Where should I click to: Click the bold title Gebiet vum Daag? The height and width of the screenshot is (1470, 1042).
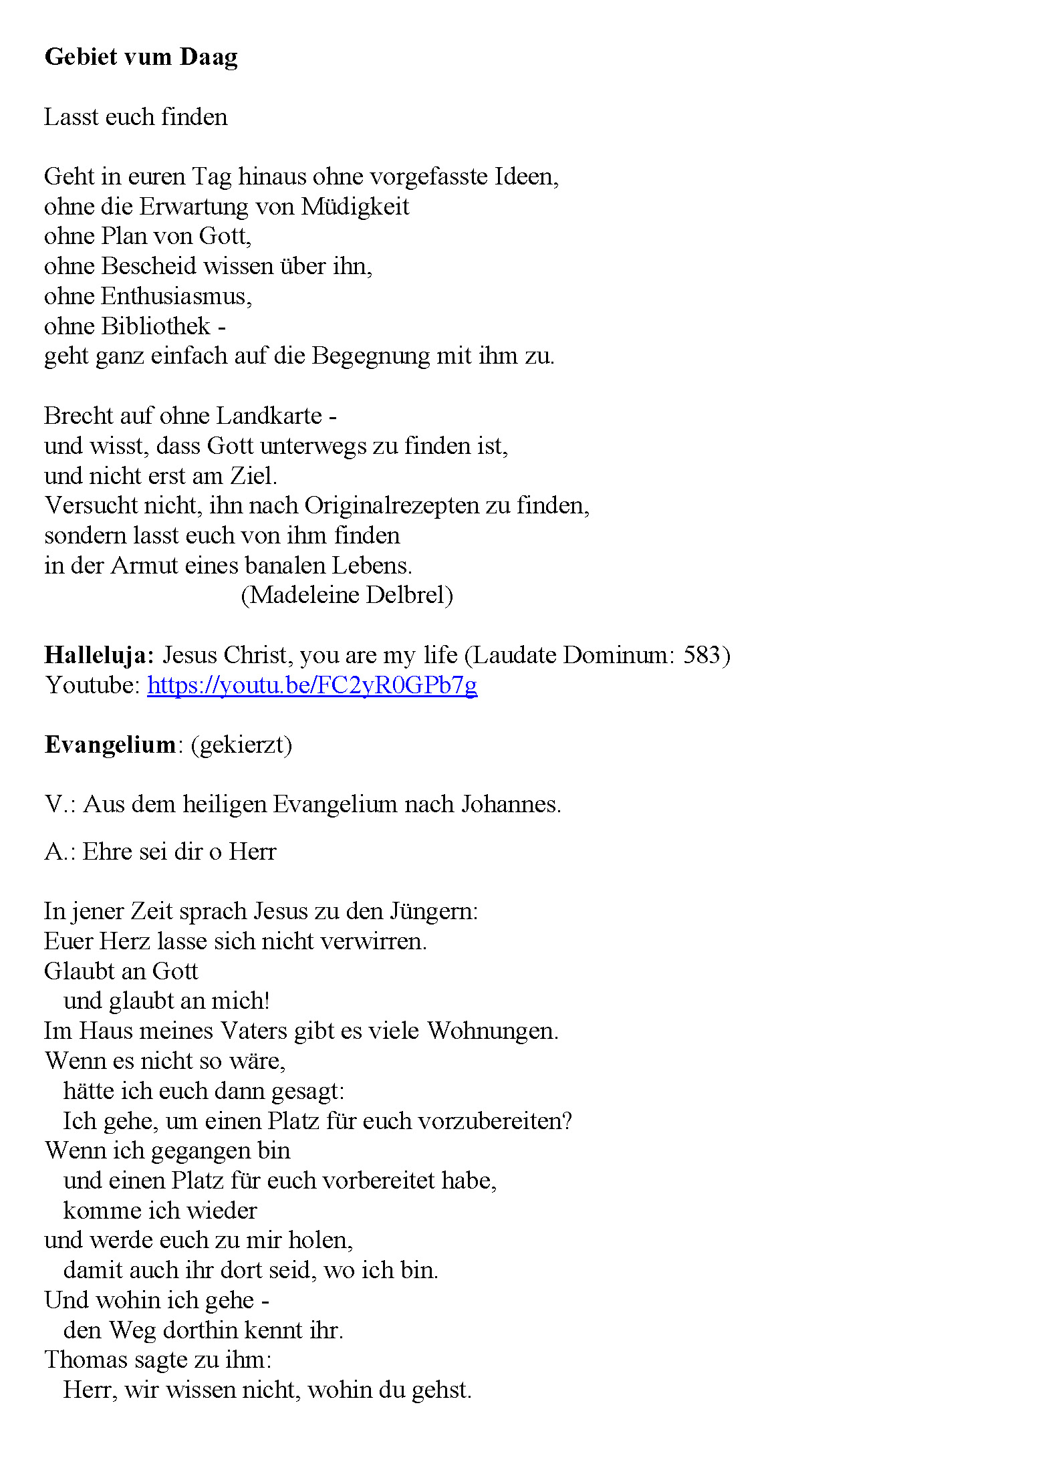coord(141,57)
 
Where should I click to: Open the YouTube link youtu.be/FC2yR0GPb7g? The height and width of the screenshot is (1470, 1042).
coord(312,685)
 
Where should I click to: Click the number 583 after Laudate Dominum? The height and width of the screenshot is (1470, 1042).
coord(701,655)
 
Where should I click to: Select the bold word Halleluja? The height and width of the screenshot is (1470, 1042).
coord(99,655)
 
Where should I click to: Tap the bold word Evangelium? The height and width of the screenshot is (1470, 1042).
coord(110,745)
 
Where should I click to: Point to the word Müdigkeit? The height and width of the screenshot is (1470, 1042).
coord(355,207)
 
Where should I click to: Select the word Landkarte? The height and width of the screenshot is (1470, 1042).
coord(269,416)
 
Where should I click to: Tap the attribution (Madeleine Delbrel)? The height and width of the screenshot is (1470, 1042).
coord(347,595)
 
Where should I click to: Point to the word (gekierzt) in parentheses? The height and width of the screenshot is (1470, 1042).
coord(241,745)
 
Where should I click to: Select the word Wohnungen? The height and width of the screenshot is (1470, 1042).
coord(493,1031)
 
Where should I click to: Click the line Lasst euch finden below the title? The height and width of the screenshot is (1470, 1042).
coord(136,117)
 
